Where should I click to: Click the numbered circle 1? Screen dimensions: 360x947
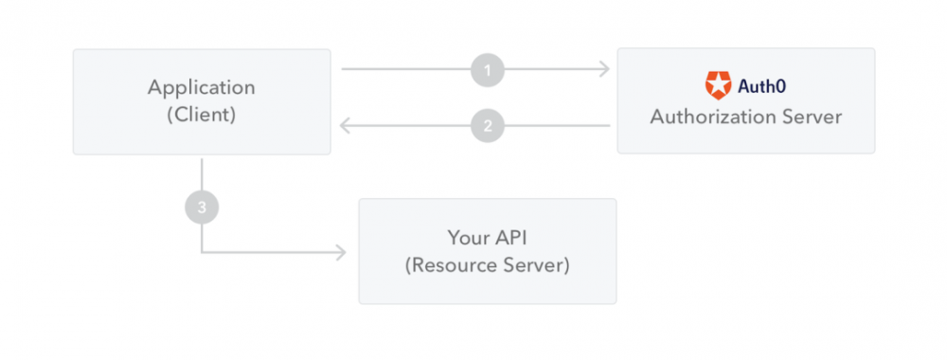coord(488,69)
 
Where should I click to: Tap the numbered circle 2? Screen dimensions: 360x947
coord(488,125)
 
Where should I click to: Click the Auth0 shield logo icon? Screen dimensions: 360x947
coord(719,85)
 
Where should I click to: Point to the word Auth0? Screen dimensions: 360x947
coord(760,86)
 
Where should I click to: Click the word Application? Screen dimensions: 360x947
coord(202,87)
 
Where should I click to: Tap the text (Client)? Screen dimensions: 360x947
coord(202,116)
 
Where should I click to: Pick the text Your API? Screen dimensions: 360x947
coord(487,237)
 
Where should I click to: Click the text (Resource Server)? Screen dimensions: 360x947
coord(487,265)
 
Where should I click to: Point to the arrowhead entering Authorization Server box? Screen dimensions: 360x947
coord(603,69)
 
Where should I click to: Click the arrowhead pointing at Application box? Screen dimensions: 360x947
coord(346,125)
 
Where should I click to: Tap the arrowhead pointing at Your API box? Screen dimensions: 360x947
coord(341,252)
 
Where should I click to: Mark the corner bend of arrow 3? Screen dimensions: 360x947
coord(202,252)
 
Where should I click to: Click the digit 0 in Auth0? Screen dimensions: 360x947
coord(781,86)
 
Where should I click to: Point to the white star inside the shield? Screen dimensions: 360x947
coord(719,86)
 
